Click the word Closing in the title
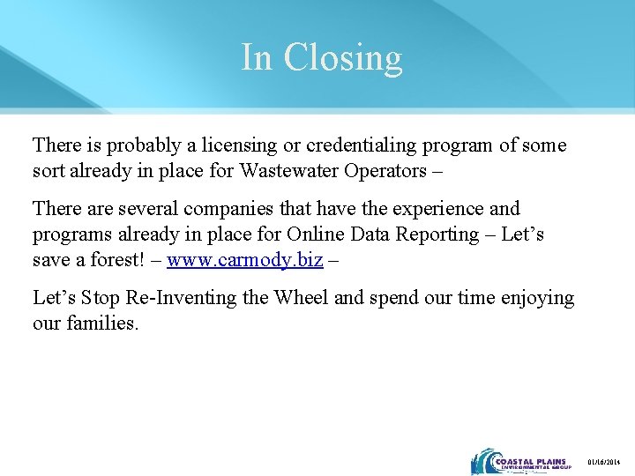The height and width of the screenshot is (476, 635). tap(343, 58)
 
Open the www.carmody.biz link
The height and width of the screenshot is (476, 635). tap(243, 260)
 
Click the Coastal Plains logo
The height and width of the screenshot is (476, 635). tap(520, 462)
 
